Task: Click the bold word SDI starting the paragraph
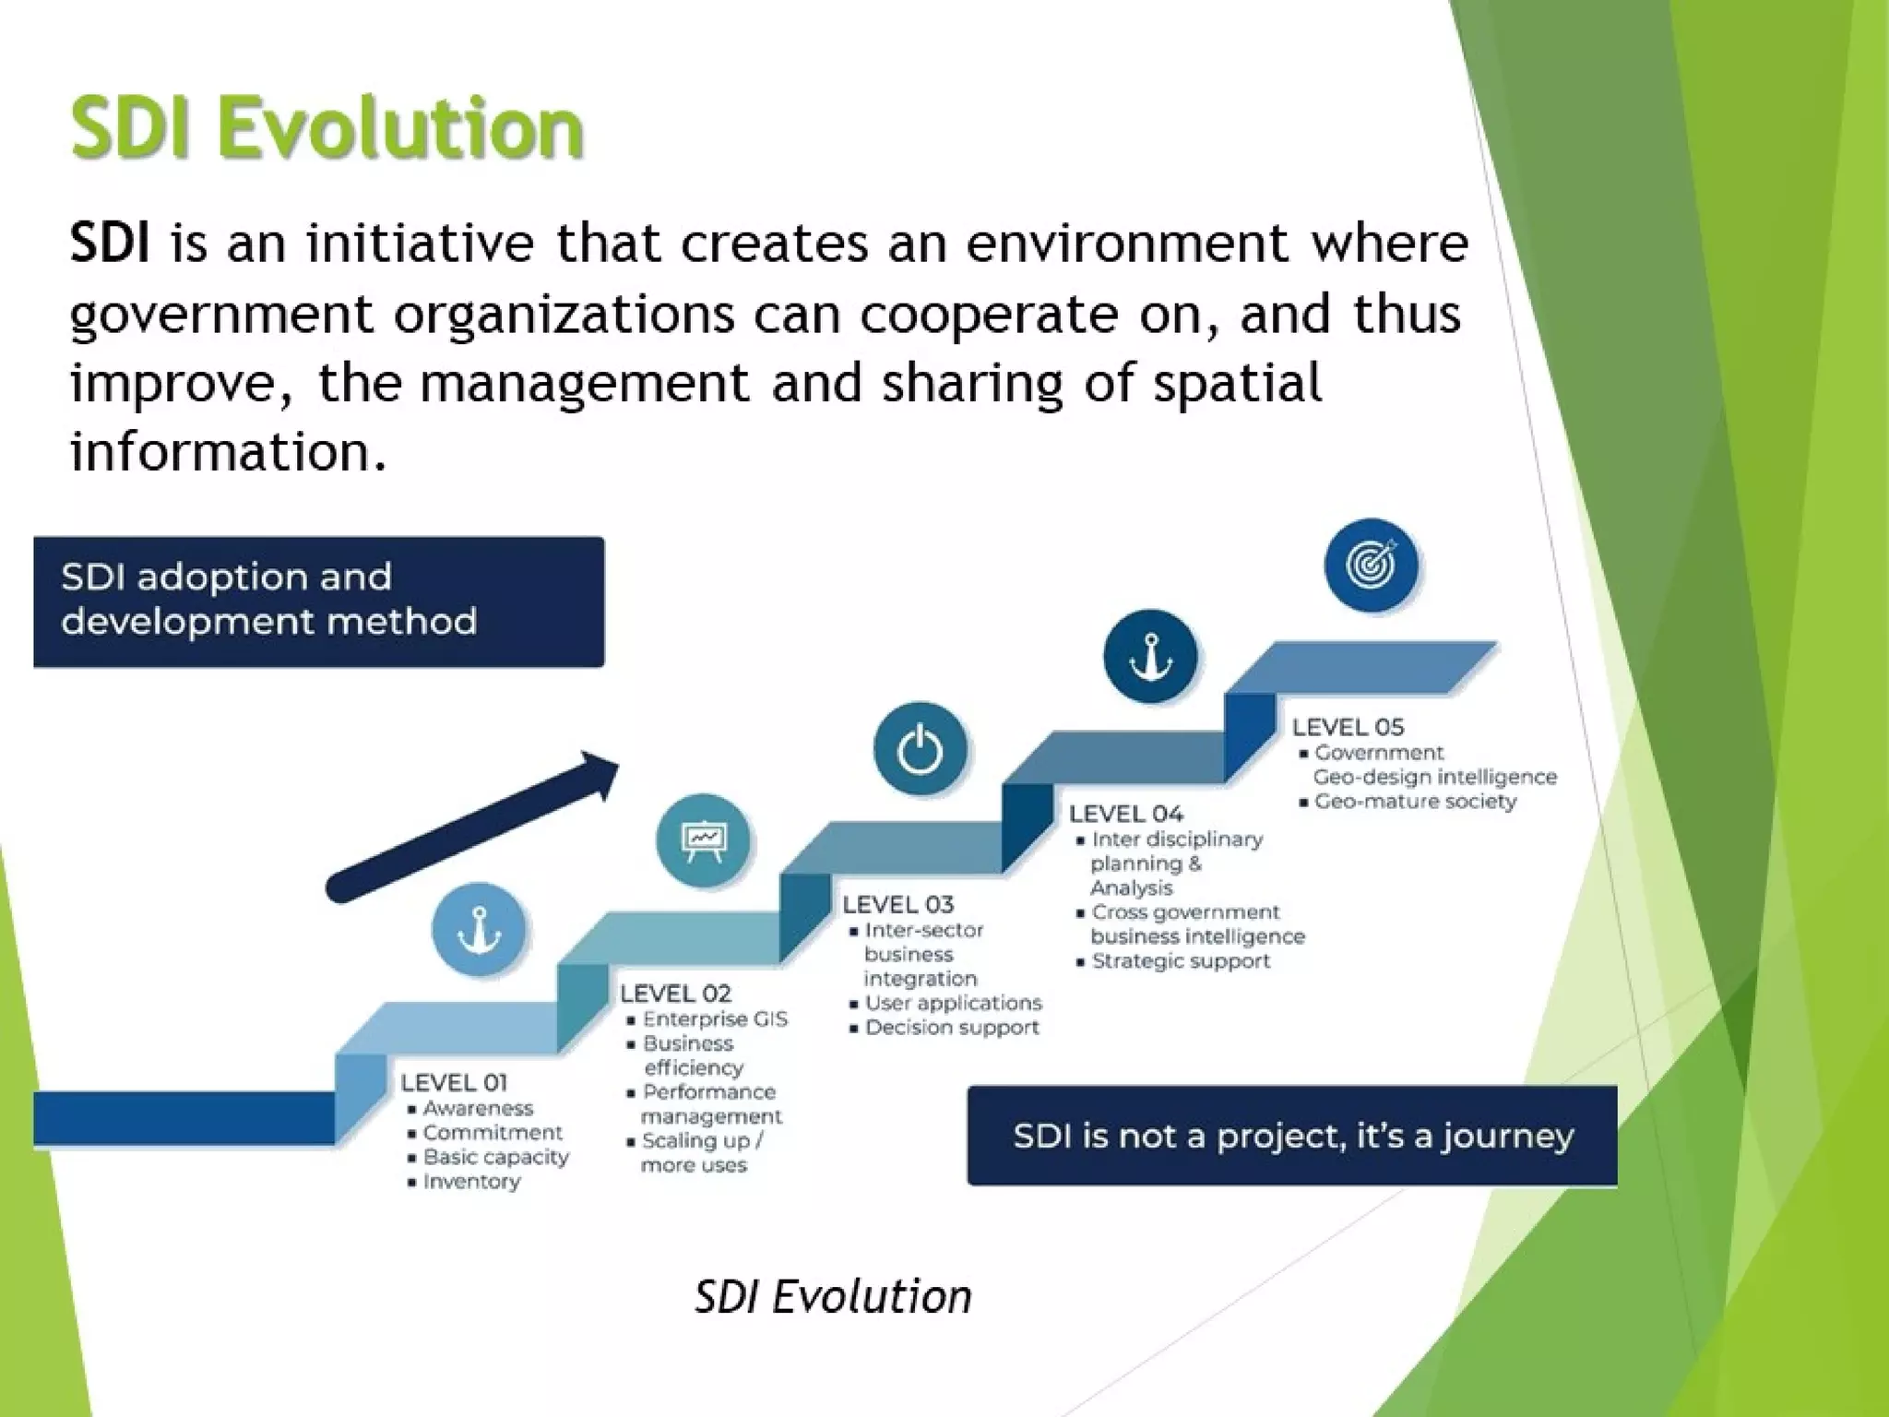click(x=109, y=244)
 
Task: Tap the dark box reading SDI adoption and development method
click(x=318, y=601)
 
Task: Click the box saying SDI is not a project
click(x=1291, y=1136)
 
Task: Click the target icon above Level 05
click(x=1372, y=565)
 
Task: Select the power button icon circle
click(x=920, y=748)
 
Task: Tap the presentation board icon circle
click(x=703, y=839)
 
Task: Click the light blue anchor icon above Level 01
click(x=478, y=929)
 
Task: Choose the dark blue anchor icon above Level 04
click(x=1150, y=656)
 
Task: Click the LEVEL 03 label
click(x=897, y=905)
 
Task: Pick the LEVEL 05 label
click(x=1348, y=727)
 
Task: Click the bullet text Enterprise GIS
click(x=715, y=1019)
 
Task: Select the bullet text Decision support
click(x=951, y=1028)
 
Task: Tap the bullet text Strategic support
click(x=1180, y=961)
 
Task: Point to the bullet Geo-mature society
click(x=1414, y=802)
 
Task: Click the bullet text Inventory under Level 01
click(x=471, y=1182)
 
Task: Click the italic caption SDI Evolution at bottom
click(x=833, y=1297)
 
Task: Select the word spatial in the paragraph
click(x=1237, y=383)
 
